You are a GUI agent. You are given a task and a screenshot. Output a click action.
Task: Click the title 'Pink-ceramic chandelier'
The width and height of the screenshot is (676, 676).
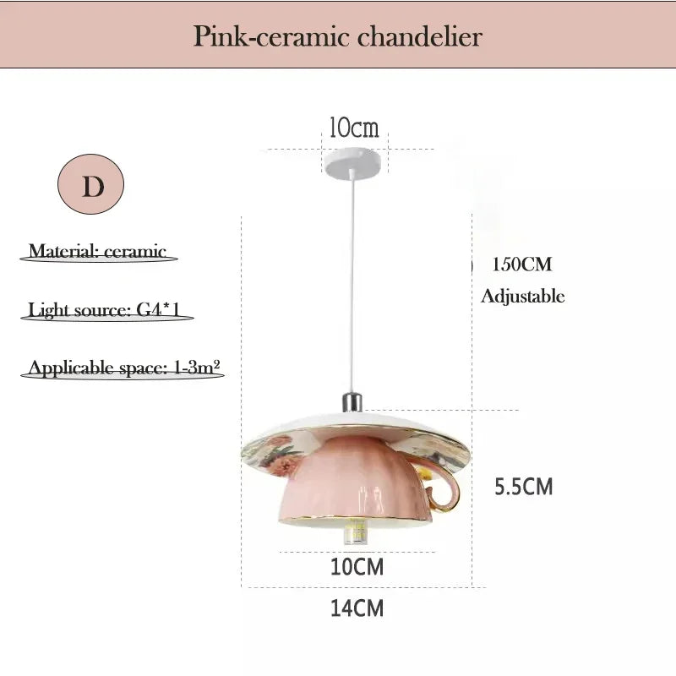click(337, 36)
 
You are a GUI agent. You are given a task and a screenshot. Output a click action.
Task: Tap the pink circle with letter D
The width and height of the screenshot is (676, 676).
click(90, 184)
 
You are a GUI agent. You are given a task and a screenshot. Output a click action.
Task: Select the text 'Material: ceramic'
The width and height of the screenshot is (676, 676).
click(97, 251)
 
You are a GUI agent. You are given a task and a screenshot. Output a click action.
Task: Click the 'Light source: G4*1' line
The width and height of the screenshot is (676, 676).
click(104, 309)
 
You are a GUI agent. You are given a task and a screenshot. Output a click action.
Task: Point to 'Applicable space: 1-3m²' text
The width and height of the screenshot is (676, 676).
click(124, 368)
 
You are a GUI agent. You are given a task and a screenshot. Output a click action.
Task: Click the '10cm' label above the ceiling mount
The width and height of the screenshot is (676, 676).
click(354, 128)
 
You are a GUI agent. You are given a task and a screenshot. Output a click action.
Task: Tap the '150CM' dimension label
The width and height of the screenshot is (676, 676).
click(521, 264)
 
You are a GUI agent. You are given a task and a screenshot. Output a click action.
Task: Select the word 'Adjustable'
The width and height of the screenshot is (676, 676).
click(522, 297)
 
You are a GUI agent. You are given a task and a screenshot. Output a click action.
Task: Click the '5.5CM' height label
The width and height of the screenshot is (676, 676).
click(523, 487)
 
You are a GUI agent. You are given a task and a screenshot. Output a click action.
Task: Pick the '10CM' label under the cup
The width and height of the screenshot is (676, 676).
click(357, 566)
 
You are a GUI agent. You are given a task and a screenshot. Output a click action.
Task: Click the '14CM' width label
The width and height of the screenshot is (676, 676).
click(357, 608)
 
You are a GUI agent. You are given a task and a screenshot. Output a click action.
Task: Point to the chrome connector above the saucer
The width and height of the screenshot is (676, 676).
click(352, 403)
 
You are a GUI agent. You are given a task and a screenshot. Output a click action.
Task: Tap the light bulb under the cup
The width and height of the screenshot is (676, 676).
click(354, 532)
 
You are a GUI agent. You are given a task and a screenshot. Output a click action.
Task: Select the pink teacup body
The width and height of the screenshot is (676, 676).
click(355, 482)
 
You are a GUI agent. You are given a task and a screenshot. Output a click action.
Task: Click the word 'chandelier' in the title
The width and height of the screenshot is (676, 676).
click(419, 36)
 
